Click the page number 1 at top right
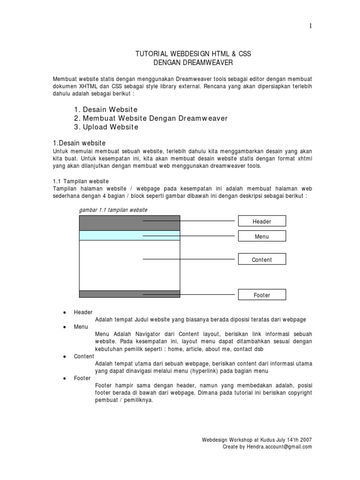(310, 26)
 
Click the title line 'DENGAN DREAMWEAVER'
(193, 62)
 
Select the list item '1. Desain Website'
(105, 109)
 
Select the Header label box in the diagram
(262, 221)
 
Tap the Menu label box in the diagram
(262, 236)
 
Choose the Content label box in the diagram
(262, 259)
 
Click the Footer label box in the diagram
(262, 295)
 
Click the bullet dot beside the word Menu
(63, 327)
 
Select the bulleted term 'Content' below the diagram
(84, 356)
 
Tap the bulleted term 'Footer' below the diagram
(82, 378)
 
